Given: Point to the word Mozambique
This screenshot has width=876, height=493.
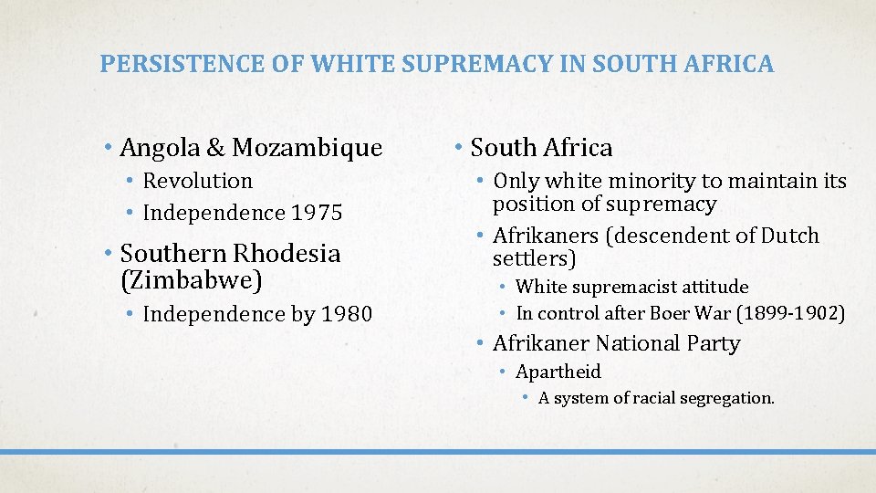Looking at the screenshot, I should point(308,147).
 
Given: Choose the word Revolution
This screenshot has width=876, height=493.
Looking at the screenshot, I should point(198,181).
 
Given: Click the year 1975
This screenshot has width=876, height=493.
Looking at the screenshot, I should point(318,213).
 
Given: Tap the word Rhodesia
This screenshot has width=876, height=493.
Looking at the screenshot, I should point(286,253).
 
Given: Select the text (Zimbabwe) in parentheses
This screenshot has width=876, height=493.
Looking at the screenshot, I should point(192,280).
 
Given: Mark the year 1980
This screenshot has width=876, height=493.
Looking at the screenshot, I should point(347,314).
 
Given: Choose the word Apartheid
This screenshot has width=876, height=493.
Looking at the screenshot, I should point(558,372).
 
